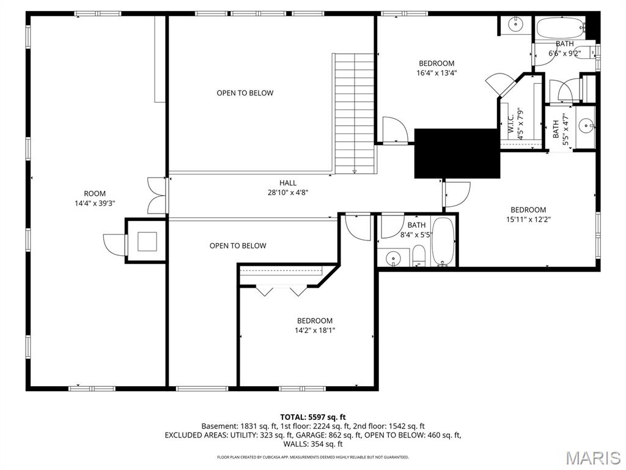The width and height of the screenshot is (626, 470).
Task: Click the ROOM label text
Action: [95, 194]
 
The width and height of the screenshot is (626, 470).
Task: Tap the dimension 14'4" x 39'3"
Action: [95, 203]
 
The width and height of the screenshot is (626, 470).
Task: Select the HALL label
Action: [288, 183]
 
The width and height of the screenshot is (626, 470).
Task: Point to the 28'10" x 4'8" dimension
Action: [288, 193]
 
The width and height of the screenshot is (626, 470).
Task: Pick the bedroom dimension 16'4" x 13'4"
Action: [436, 73]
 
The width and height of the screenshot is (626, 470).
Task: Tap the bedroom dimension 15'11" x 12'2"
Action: [528, 220]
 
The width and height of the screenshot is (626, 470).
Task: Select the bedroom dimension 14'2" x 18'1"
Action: [315, 330]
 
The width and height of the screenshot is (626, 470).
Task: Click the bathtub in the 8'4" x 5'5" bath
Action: [444, 241]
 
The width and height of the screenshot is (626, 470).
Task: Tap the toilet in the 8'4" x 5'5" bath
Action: [419, 256]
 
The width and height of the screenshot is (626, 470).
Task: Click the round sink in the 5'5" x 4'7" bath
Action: [586, 126]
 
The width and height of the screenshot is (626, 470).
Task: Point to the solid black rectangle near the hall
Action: [457, 154]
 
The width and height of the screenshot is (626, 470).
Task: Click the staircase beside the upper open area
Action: [354, 113]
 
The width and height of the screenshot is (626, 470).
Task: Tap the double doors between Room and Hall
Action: [157, 195]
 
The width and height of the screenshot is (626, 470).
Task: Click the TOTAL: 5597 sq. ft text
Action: [313, 417]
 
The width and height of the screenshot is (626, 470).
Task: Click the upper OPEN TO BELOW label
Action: [245, 93]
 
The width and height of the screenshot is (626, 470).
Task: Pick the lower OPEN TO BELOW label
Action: [238, 246]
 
